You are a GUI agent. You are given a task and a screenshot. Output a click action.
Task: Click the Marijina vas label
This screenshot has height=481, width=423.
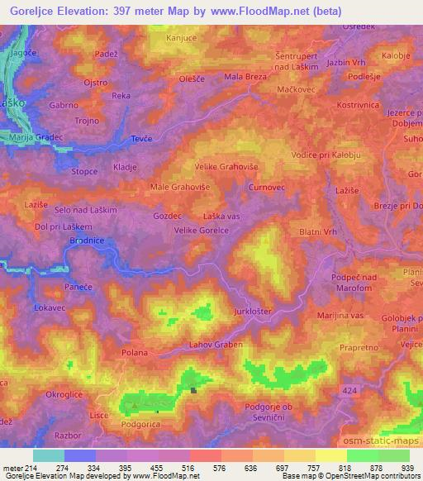pyautogui.click(x=340, y=316)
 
